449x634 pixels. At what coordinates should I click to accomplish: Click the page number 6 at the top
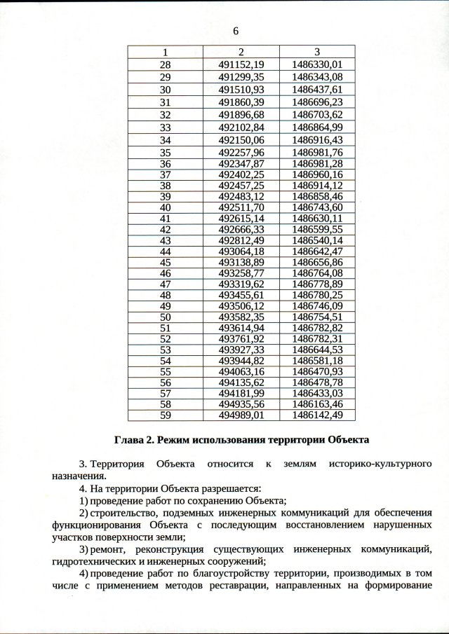[x=235, y=31]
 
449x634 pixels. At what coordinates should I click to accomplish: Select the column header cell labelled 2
[x=241, y=52]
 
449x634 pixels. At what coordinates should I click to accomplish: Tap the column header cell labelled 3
[x=317, y=52]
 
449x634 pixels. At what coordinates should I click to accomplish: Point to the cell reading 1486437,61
[x=317, y=90]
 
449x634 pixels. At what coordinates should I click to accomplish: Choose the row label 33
[x=166, y=128]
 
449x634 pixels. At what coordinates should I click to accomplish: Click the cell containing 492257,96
[x=241, y=153]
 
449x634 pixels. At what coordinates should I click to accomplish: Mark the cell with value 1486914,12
[x=317, y=186]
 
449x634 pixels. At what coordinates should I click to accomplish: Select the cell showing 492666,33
[x=241, y=229]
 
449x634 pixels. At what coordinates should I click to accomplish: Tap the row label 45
[x=166, y=262]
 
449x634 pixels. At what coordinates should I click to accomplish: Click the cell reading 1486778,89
[x=317, y=284]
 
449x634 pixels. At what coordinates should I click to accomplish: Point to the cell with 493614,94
[x=241, y=327]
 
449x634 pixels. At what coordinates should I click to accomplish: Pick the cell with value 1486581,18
[x=317, y=360]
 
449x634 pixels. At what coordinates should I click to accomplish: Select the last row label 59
[x=166, y=415]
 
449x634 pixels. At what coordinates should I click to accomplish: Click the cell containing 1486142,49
[x=317, y=415]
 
